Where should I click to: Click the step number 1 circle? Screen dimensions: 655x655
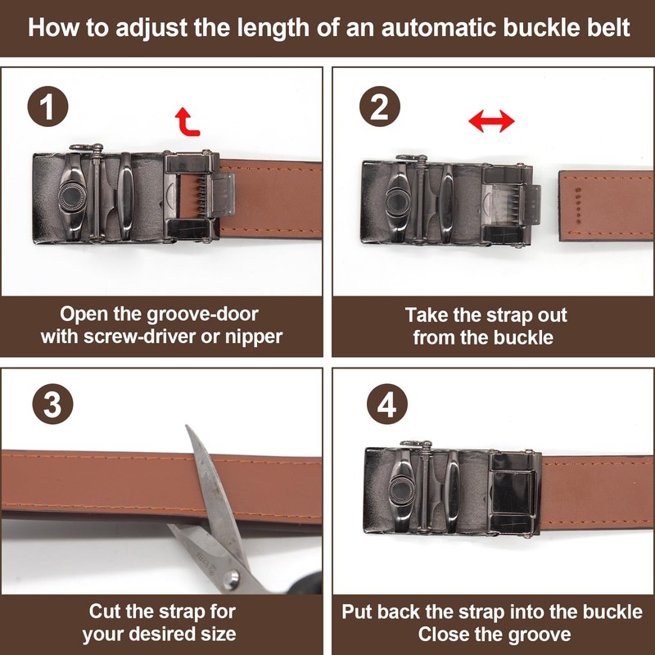[47, 106]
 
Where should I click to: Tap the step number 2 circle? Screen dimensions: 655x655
[380, 106]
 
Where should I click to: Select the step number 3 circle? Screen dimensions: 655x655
[52, 404]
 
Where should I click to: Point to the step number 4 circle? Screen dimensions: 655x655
[387, 404]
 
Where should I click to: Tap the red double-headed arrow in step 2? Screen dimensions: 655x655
[491, 121]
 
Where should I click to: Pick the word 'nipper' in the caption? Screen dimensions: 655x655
[254, 337]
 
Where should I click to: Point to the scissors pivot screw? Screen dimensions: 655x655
[231, 580]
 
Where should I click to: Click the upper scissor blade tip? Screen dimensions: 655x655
[187, 427]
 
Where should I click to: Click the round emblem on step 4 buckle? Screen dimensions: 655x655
[402, 490]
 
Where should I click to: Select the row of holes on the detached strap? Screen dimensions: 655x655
[578, 205]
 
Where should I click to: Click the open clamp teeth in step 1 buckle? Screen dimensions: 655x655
[201, 196]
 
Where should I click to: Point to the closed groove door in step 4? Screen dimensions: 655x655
[513, 493]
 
